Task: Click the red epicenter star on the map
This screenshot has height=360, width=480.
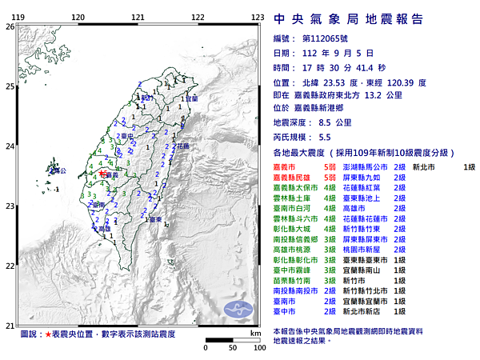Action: [103, 171]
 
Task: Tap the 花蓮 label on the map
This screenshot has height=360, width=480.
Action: [182, 146]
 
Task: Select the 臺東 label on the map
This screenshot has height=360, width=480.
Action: [157, 218]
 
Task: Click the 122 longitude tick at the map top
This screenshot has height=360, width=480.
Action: [198, 17]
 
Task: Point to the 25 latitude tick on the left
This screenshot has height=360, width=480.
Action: [9, 86]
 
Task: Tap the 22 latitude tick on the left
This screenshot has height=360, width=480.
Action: [9, 266]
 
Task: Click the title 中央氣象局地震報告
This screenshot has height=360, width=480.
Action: [348, 19]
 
